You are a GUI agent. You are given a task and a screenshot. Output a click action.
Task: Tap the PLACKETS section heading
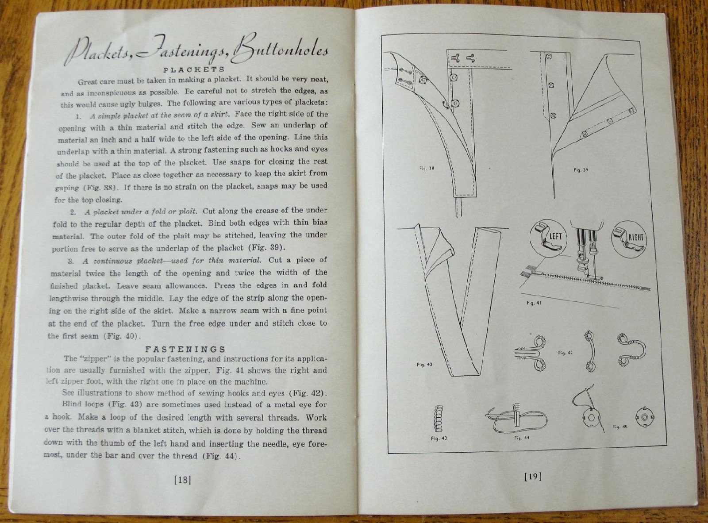click(x=194, y=69)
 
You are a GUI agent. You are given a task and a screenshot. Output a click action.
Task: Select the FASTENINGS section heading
click(x=185, y=349)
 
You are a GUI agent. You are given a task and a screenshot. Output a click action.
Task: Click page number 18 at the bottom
click(x=183, y=480)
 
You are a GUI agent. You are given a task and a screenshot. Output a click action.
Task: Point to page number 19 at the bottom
click(x=532, y=476)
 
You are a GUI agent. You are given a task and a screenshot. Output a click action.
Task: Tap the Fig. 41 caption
click(x=534, y=303)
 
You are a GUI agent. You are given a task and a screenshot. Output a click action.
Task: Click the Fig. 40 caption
click(x=424, y=365)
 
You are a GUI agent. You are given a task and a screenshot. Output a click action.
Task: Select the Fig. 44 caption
click(x=522, y=438)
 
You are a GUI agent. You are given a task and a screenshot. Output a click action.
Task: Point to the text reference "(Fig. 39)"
click(x=267, y=247)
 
